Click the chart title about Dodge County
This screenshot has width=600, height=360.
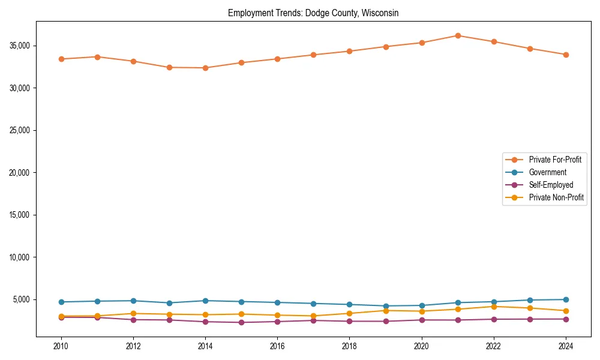coord(313,13)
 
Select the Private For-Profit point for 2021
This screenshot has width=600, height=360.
coord(458,35)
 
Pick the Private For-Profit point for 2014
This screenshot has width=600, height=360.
coord(205,68)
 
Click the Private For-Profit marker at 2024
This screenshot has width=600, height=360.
coord(566,55)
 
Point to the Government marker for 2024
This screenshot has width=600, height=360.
coord(566,299)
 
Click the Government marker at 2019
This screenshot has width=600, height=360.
coord(386,306)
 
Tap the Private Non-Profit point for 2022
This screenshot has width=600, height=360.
coord(494,307)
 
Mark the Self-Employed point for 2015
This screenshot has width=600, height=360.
coord(241,322)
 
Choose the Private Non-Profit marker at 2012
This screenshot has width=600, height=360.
coord(133,313)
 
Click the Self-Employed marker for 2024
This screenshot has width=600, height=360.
coord(566,319)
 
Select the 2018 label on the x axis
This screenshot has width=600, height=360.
coord(350,346)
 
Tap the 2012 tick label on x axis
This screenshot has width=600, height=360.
coord(133,346)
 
